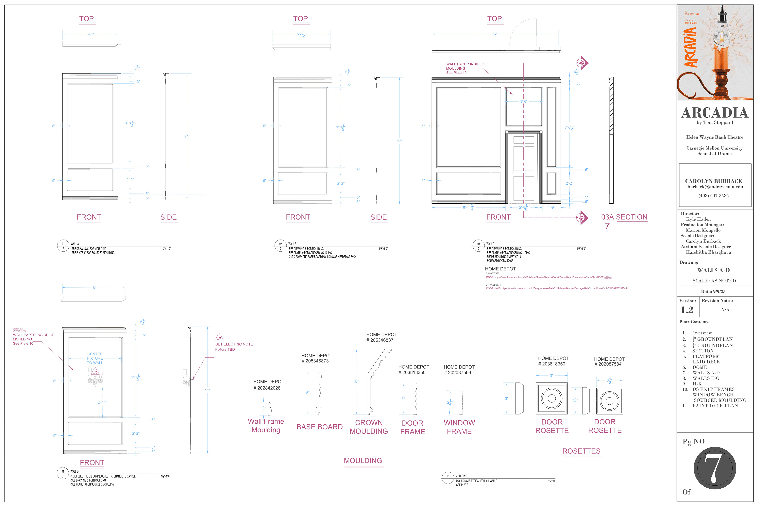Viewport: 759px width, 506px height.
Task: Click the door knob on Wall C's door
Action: (x=513, y=173)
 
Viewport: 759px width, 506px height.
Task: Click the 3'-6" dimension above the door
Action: (x=523, y=101)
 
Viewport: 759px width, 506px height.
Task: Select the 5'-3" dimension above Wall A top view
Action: (x=90, y=34)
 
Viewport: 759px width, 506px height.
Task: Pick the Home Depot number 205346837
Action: (x=382, y=340)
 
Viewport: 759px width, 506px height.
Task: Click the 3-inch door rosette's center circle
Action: (x=552, y=398)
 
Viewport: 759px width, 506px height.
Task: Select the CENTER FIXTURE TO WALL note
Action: (x=95, y=358)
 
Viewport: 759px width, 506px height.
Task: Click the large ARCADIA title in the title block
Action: (x=715, y=113)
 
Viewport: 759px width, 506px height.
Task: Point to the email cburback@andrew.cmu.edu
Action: (x=714, y=187)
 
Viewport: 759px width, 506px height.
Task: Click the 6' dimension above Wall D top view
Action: (x=94, y=288)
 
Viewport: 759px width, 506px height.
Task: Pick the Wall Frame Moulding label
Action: (x=266, y=425)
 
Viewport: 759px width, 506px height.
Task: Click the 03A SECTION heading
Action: (x=624, y=217)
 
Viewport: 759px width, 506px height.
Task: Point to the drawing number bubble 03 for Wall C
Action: (x=479, y=244)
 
